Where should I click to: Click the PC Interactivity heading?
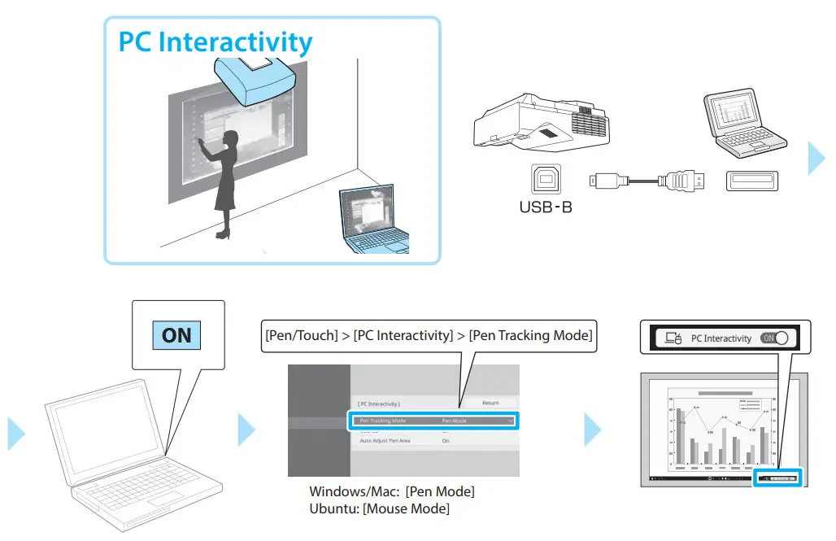point(216,41)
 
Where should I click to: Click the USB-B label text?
point(545,207)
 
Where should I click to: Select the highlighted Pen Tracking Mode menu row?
point(433,421)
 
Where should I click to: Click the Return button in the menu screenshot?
point(490,403)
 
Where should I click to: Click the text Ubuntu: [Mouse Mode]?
point(379,508)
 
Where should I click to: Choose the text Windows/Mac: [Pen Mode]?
point(392,492)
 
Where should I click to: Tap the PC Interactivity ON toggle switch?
point(776,338)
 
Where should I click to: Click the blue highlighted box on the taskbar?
point(777,478)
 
